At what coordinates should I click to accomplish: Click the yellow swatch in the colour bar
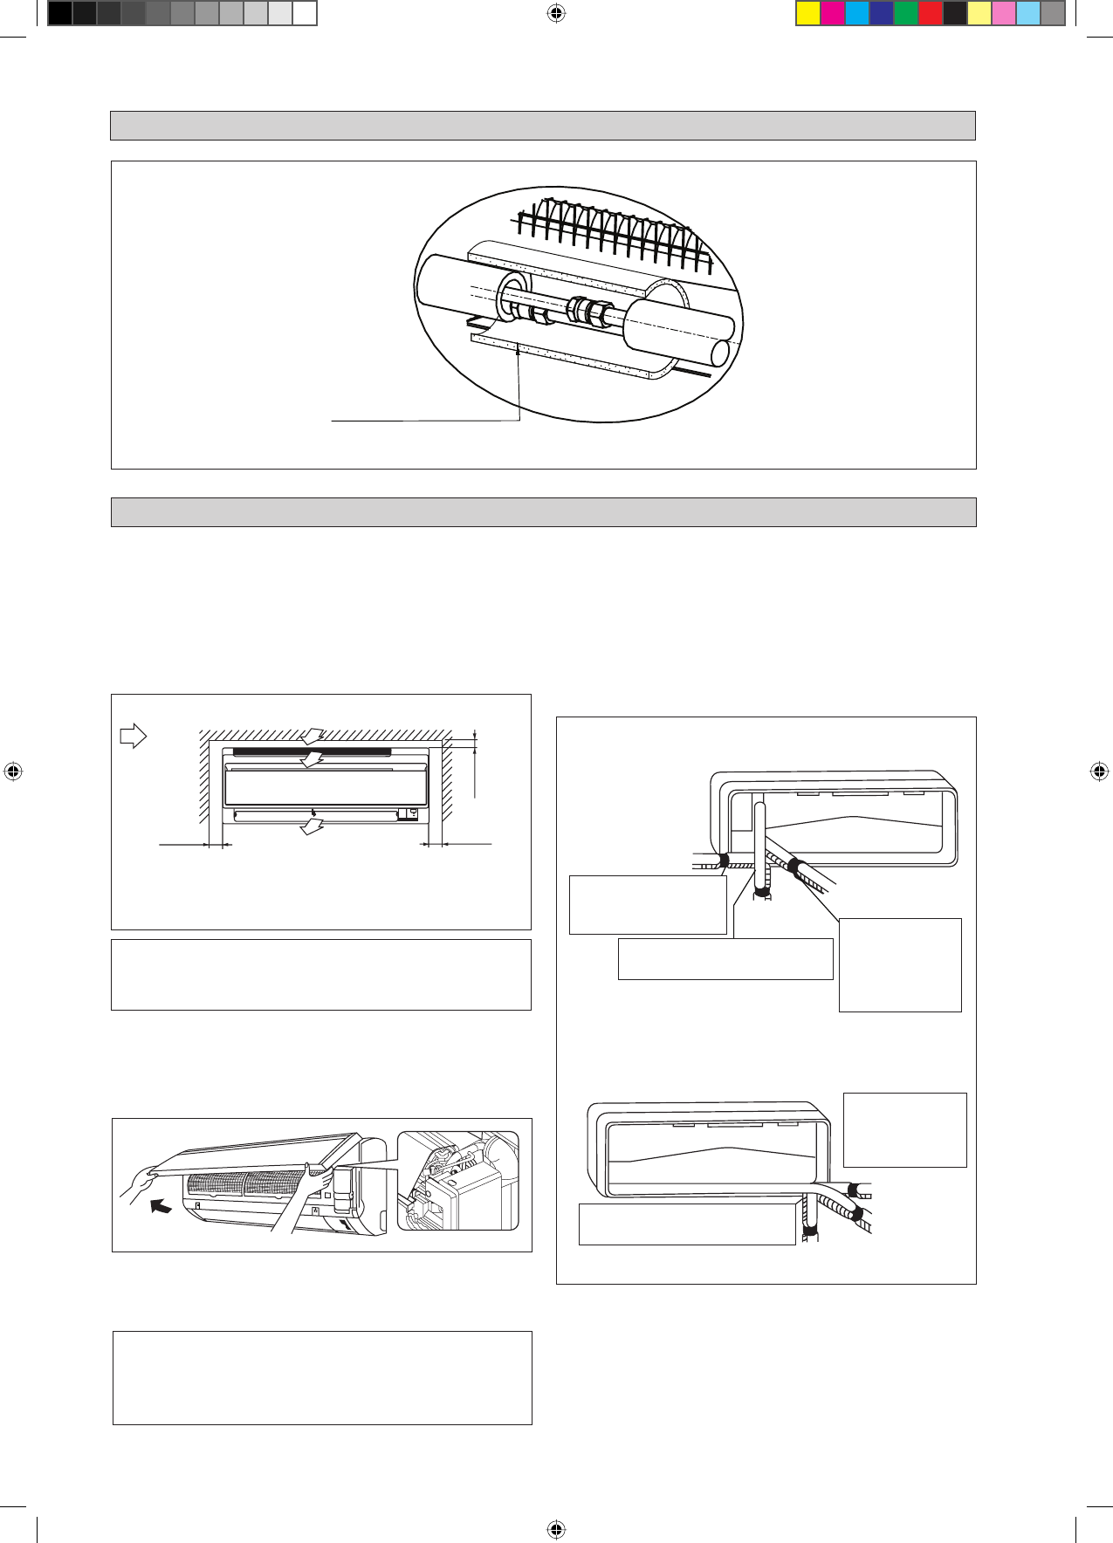pos(808,14)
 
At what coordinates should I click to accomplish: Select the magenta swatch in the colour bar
pos(833,14)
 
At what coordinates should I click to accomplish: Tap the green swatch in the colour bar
pos(906,14)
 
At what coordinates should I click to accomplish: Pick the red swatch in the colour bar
pos(931,14)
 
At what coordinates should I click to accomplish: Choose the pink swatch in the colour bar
pos(1004,14)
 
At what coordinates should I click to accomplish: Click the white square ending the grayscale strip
pos(304,14)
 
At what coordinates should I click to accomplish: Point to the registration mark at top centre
pos(556,13)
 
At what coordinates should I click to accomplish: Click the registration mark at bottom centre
pos(556,1529)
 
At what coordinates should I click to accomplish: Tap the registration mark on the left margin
pos(13,771)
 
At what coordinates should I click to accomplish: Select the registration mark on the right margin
pos(1099,771)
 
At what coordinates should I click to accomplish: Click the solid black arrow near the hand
pos(161,1206)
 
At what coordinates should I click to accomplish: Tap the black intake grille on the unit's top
pos(312,751)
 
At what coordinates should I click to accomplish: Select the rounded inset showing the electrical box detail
pos(457,1181)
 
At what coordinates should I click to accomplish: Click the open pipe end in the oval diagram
pos(720,353)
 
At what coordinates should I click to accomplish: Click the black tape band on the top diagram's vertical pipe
pos(762,892)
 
